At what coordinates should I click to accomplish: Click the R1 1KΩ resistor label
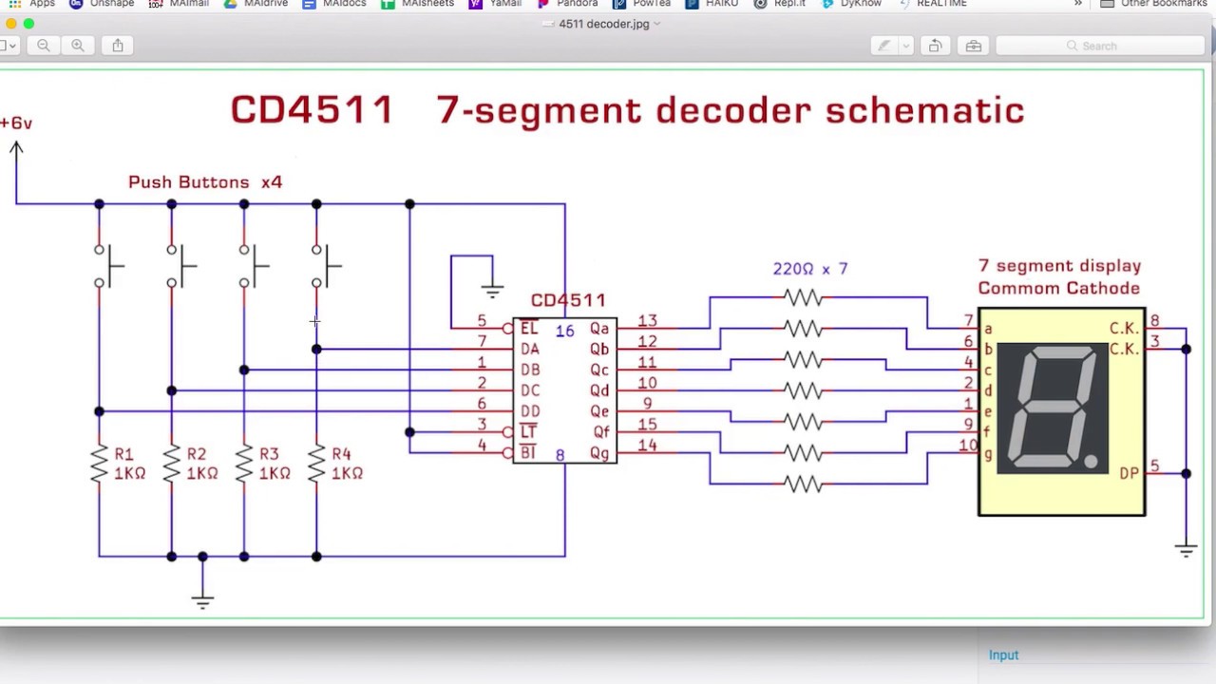(x=128, y=464)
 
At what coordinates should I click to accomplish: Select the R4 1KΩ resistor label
(x=346, y=464)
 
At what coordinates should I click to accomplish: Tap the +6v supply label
(x=16, y=123)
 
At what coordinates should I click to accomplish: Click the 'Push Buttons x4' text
(x=205, y=181)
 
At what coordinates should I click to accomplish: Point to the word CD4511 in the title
(x=312, y=110)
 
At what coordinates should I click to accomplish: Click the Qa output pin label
(x=599, y=329)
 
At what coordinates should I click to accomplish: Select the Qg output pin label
(x=599, y=453)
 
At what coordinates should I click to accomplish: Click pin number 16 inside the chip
(x=564, y=332)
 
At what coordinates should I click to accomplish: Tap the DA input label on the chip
(x=529, y=349)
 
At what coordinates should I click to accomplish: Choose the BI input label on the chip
(x=528, y=453)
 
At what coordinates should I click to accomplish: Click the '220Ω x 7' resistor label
(x=809, y=269)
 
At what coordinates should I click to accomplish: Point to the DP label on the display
(x=1129, y=473)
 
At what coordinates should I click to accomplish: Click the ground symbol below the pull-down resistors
(x=201, y=600)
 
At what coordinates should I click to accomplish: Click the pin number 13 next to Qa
(x=647, y=321)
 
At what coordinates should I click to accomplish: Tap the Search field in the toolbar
(x=1098, y=46)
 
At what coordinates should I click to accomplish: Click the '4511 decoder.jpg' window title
(x=603, y=24)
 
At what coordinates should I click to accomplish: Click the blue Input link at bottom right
(x=1003, y=655)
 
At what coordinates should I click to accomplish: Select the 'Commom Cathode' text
(x=1058, y=288)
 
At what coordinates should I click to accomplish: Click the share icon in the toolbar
(x=118, y=46)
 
